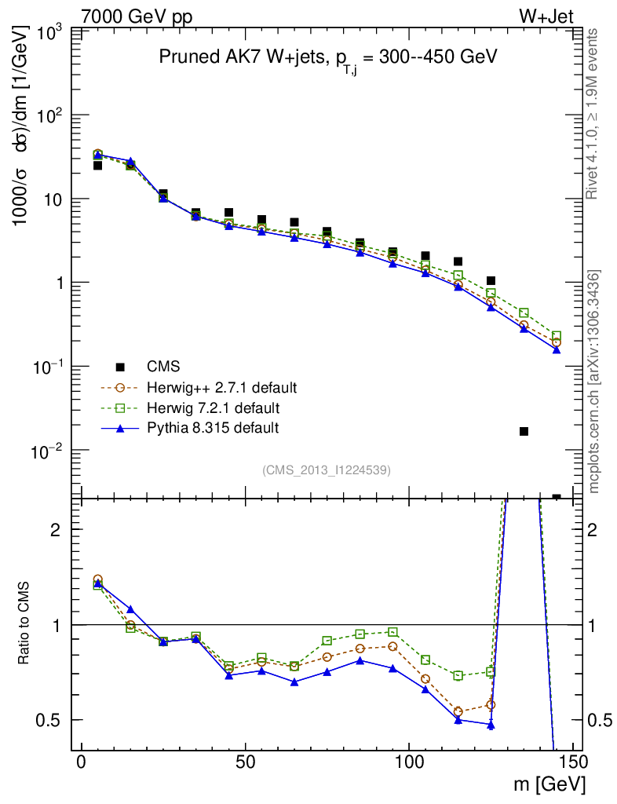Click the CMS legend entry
pos(163,367)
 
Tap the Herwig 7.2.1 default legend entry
pos(213,407)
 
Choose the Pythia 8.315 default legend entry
pos(213,428)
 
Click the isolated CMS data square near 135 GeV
pos(524,431)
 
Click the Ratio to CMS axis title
pos(25,624)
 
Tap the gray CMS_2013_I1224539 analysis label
pos(327,470)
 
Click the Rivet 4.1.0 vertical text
pos(593,114)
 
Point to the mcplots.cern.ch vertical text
pos(594,381)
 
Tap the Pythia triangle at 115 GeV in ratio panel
pos(458,719)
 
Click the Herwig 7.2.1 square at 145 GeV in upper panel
pos(557,336)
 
